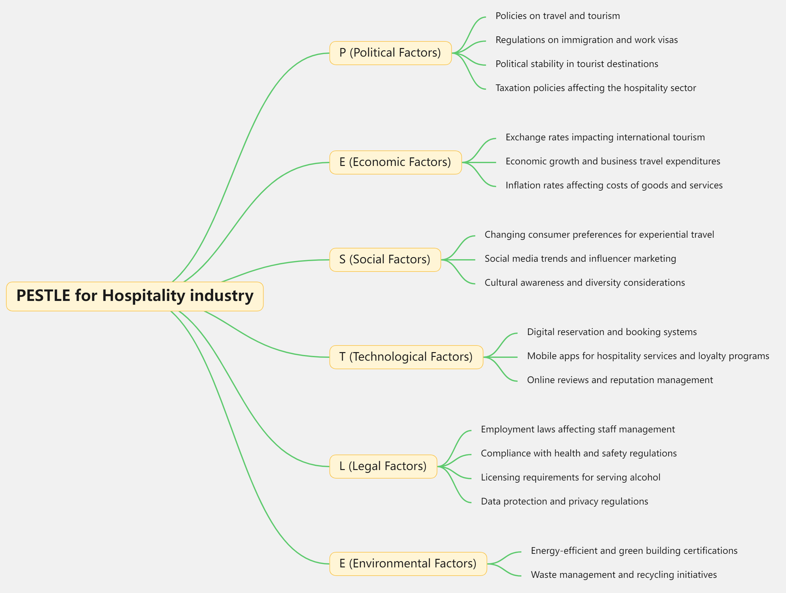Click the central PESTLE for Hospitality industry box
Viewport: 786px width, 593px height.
[x=135, y=296]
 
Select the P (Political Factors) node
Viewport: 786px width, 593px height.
[x=390, y=53]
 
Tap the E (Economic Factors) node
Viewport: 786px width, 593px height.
[x=395, y=162]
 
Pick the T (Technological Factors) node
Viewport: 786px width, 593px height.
[x=406, y=357]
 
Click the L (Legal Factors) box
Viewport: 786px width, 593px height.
[x=383, y=466]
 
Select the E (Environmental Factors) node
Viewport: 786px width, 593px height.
[x=408, y=564]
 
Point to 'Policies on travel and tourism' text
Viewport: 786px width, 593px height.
[x=557, y=16]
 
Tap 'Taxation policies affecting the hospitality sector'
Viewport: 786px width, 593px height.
[x=596, y=88]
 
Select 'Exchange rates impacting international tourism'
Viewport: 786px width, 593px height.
[x=605, y=137]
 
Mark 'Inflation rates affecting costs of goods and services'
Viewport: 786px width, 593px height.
[x=614, y=185]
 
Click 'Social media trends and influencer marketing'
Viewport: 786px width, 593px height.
[x=580, y=259]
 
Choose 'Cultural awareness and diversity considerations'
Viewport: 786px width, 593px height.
[x=585, y=283]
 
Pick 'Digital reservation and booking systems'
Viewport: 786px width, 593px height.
[x=611, y=332]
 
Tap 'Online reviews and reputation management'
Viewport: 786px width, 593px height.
[x=620, y=380]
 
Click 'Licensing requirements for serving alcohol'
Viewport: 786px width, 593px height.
[x=570, y=477]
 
